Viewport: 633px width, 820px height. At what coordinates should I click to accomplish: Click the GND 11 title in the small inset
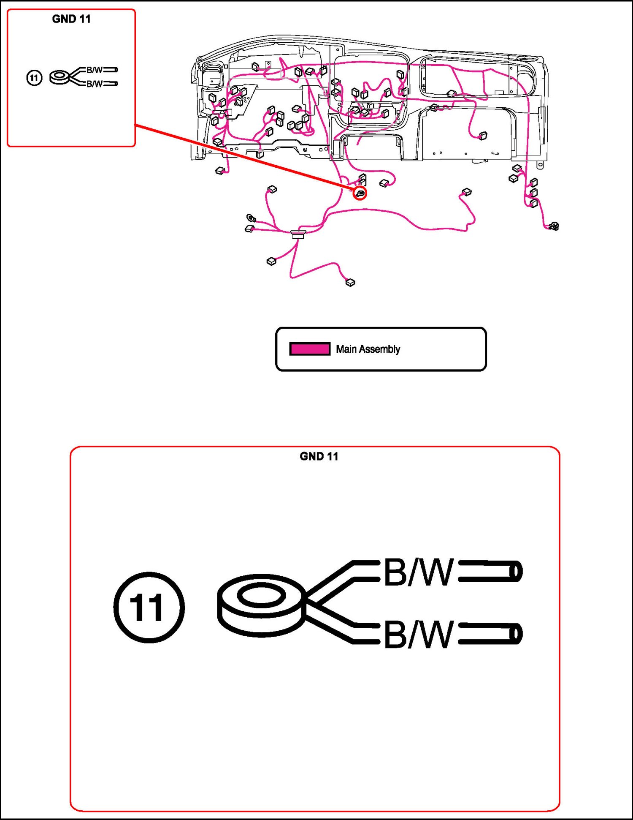click(x=71, y=19)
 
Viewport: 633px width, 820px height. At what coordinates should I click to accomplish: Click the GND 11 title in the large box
click(x=319, y=456)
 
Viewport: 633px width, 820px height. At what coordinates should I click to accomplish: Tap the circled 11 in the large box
click(x=149, y=608)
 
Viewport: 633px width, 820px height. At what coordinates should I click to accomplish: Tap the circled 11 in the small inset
click(x=34, y=78)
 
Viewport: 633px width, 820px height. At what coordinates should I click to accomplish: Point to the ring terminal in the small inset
click(x=60, y=77)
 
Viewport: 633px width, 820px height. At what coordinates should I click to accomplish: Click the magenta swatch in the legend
click(x=310, y=349)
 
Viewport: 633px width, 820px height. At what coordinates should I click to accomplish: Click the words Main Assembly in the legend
click(x=368, y=349)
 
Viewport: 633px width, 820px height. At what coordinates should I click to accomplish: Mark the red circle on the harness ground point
click(x=360, y=193)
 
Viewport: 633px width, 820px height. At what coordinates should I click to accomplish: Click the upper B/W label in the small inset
click(x=95, y=70)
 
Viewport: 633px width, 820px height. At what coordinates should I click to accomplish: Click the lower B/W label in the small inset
click(x=95, y=84)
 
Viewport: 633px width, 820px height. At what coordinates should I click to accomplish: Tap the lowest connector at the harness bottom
click(x=350, y=282)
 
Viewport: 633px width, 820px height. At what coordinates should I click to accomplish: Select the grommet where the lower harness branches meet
click(x=298, y=234)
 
